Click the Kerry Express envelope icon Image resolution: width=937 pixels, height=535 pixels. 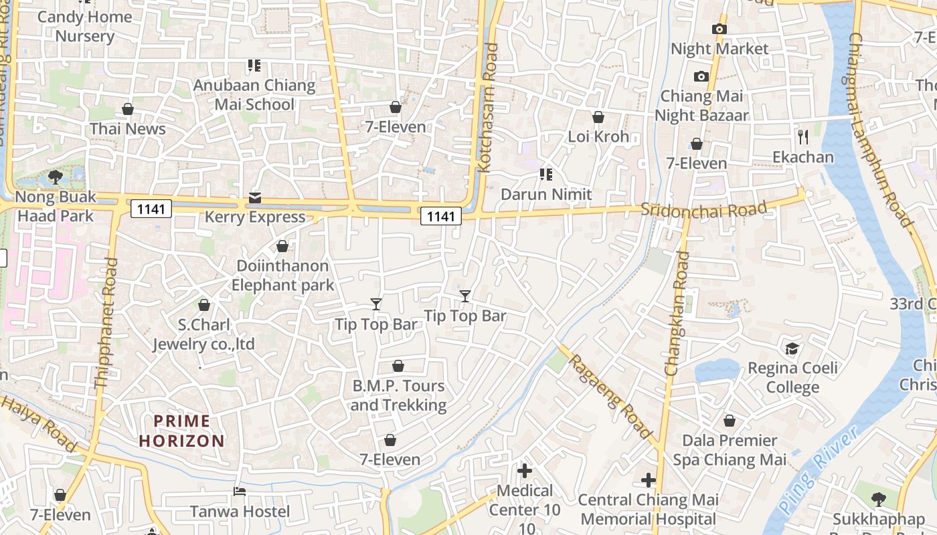[255, 197]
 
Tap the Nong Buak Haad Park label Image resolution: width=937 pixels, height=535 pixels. [56, 206]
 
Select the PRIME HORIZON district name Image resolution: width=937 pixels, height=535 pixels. [182, 431]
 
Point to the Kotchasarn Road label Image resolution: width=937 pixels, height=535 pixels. [489, 108]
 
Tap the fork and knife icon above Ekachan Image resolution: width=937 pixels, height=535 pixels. [803, 137]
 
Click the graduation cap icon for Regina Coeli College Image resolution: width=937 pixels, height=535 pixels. [792, 348]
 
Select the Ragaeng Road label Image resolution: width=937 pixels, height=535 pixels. [610, 397]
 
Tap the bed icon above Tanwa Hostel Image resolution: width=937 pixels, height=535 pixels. [240, 492]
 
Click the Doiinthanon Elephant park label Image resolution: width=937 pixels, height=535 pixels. [282, 276]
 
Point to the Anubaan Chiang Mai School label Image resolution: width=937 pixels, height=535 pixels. [254, 94]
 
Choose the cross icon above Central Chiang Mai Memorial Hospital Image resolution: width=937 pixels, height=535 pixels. [648, 480]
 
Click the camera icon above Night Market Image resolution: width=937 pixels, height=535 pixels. [719, 29]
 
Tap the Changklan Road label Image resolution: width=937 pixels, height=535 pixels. [677, 313]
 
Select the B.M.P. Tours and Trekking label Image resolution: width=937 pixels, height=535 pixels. [398, 395]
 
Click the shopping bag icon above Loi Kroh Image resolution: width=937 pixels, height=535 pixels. [598, 117]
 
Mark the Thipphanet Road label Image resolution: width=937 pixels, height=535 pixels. [106, 323]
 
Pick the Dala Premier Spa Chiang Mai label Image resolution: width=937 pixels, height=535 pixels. [730, 450]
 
